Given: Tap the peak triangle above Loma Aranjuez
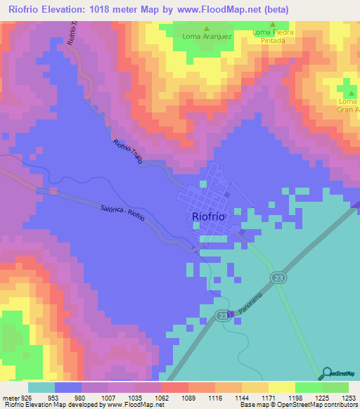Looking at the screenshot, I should [206, 30].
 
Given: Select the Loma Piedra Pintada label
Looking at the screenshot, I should [273, 37].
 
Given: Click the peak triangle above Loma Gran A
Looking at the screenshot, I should [349, 91].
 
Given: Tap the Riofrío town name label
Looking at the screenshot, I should [208, 217].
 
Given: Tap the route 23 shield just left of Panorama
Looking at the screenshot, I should [222, 313].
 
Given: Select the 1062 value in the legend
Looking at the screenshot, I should [161, 397].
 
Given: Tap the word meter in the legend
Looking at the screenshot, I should [9, 397].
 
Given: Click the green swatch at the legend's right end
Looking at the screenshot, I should [335, 387].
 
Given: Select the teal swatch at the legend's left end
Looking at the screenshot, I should [41, 387].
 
